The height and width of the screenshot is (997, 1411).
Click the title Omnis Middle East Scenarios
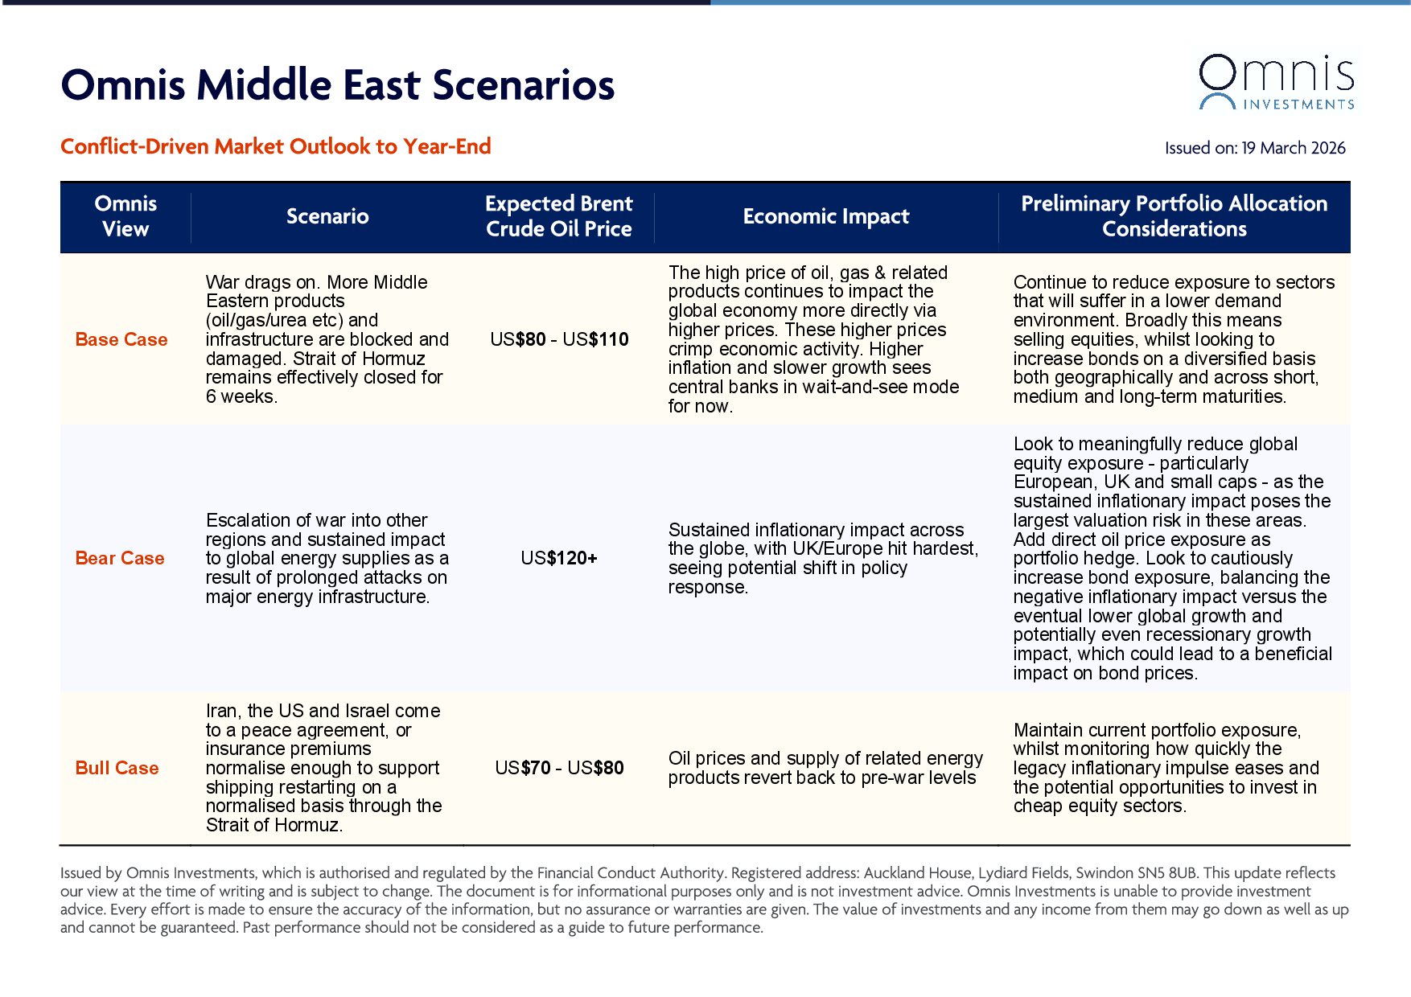click(337, 85)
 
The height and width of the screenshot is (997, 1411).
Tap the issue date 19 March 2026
click(1293, 148)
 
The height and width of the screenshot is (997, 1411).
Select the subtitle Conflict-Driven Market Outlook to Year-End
click(275, 146)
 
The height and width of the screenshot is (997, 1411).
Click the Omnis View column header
click(125, 216)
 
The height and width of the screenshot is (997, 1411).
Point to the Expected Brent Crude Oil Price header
click(558, 216)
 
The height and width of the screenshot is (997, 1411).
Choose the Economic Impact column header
click(825, 216)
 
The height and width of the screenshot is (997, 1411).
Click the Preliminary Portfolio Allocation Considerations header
click(1174, 216)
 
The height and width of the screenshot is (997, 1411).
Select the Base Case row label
click(121, 339)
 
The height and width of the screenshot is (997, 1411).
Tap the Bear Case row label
click(120, 558)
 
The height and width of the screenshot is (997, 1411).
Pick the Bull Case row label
click(117, 768)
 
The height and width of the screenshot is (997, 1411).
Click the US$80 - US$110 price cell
click(559, 339)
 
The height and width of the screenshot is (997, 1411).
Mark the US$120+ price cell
click(559, 558)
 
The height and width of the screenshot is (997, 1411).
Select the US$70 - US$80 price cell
click(559, 768)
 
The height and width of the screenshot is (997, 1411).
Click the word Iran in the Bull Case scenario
click(221, 711)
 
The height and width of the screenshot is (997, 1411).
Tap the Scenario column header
click(327, 216)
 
